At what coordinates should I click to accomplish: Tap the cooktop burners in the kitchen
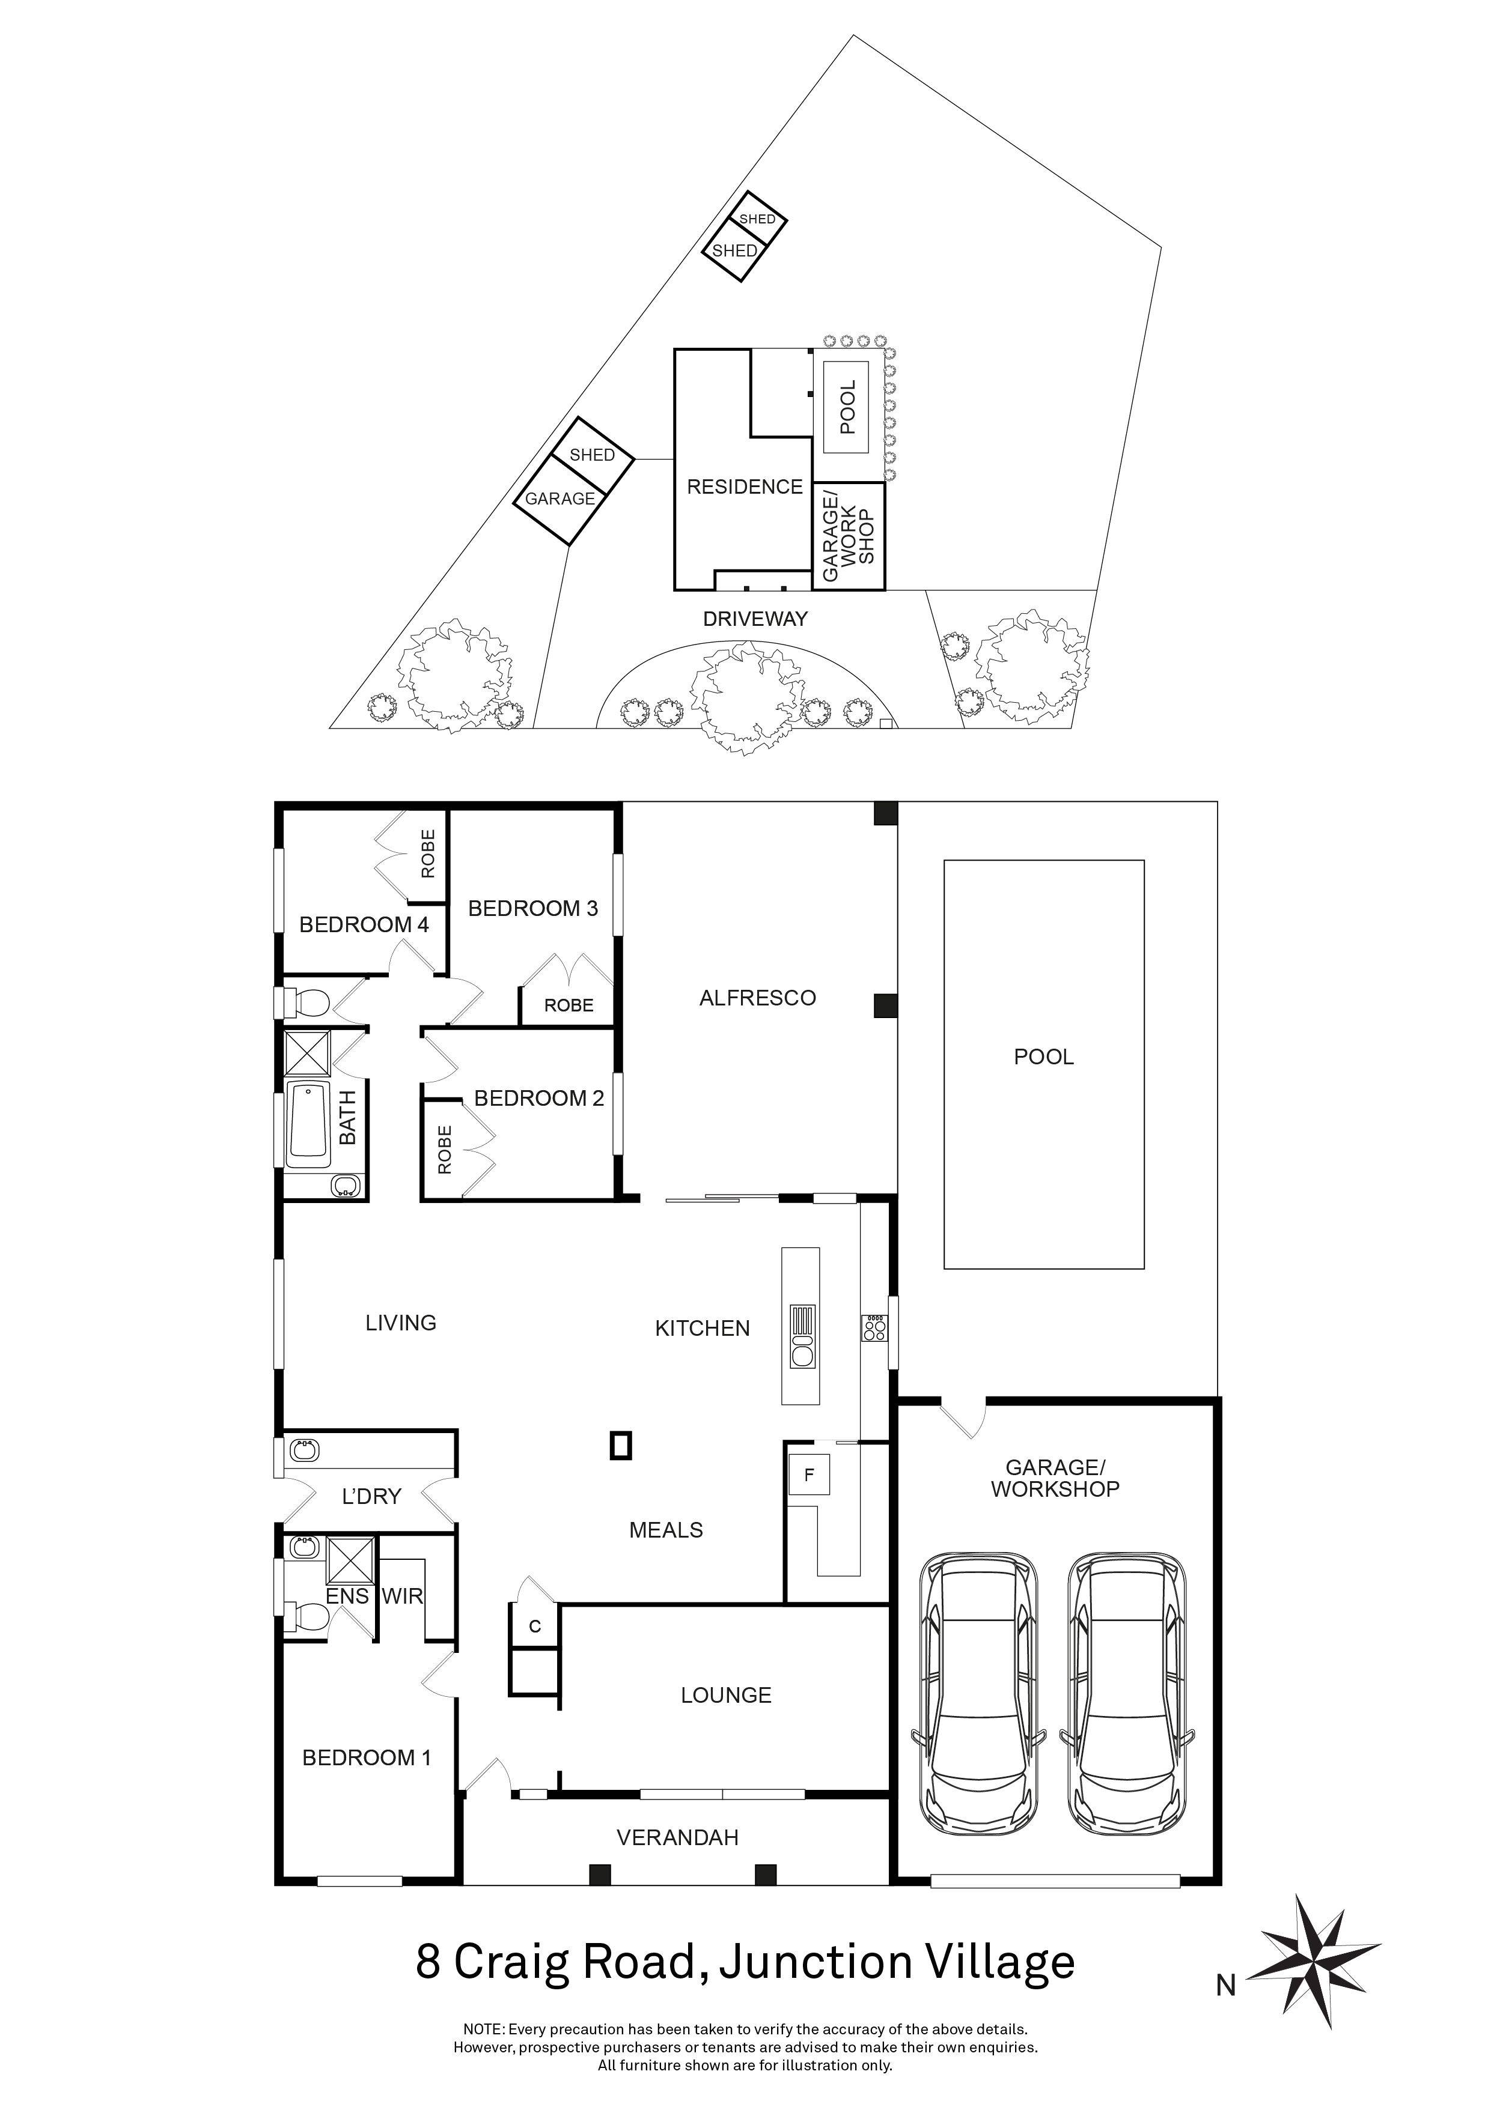click(x=874, y=1328)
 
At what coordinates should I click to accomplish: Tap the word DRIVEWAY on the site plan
click(x=755, y=619)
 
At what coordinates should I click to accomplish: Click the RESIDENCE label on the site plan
click(x=745, y=487)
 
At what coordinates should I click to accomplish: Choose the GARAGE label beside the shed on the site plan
click(x=560, y=499)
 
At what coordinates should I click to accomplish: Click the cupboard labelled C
click(x=534, y=1626)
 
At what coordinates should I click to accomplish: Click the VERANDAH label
click(x=677, y=1837)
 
